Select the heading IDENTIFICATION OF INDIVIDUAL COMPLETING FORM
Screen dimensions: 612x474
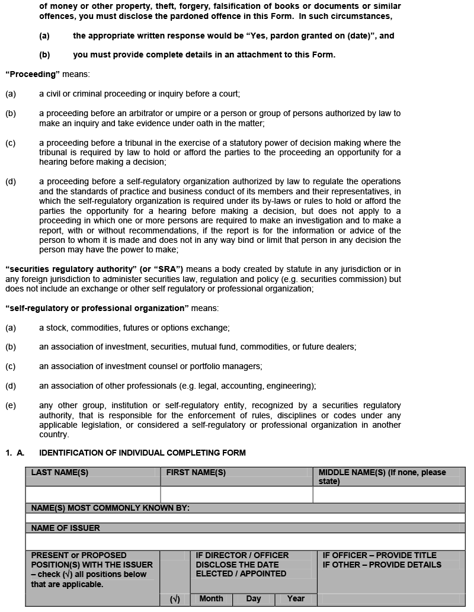pyautogui.click(x=142, y=453)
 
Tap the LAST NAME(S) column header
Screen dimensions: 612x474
pyautogui.click(x=60, y=473)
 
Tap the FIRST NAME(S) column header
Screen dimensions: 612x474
pyautogui.click(x=196, y=473)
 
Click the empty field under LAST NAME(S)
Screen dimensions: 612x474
pyautogui.click(x=93, y=495)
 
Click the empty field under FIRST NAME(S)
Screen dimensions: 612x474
pyautogui.click(x=236, y=495)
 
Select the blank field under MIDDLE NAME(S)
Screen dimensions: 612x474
pyautogui.click(x=389, y=495)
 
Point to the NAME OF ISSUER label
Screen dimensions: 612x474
pyautogui.click(x=65, y=528)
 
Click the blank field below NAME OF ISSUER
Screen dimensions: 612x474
pyautogui.click(x=245, y=541)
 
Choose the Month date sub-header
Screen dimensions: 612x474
pyautogui.click(x=211, y=599)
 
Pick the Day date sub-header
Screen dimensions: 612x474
pyautogui.click(x=254, y=599)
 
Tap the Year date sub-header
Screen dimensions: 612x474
pyautogui.click(x=296, y=599)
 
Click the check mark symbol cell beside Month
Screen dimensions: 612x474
pyautogui.click(x=175, y=600)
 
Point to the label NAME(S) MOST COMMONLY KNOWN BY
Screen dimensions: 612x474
pyautogui.click(x=110, y=508)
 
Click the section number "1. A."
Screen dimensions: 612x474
pyautogui.click(x=15, y=453)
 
